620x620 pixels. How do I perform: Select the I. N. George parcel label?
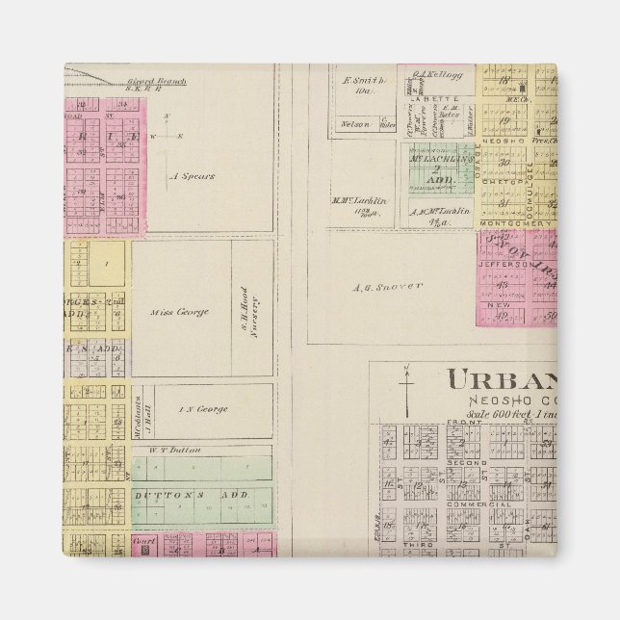203,409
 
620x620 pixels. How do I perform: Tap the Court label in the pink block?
144,541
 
